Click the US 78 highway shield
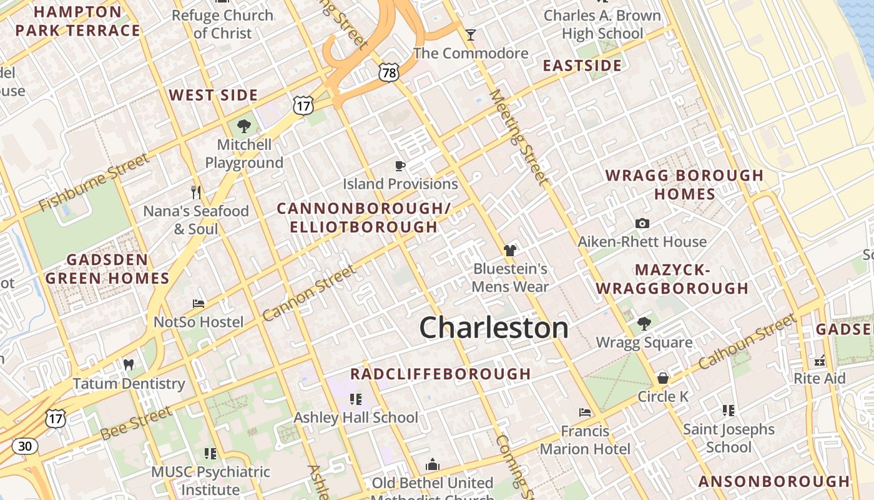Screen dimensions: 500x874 tap(388, 73)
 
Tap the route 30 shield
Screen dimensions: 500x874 tap(24, 446)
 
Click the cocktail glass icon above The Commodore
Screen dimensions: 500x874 tap(471, 34)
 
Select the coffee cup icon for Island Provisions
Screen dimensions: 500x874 tap(400, 166)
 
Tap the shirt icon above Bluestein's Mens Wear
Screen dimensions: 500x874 tap(510, 251)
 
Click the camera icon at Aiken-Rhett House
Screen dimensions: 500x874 tap(642, 223)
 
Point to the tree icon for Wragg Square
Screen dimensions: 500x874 tap(644, 324)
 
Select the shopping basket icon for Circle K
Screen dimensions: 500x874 tap(663, 378)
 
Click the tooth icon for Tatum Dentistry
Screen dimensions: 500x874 tap(129, 364)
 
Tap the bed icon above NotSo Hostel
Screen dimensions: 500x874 tap(199, 304)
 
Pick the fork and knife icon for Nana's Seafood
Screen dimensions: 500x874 tap(196, 192)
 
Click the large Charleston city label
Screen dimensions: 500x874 tap(493, 327)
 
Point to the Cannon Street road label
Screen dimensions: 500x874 tap(310, 292)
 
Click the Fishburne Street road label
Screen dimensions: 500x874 tap(94, 182)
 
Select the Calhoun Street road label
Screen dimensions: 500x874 tap(747, 341)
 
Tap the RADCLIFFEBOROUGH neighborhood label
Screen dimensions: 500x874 tap(440, 374)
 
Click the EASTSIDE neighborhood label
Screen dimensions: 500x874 tap(582, 66)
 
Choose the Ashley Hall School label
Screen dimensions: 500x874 tap(356, 417)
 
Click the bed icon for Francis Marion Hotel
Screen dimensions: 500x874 tap(584, 412)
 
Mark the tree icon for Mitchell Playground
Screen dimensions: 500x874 tap(244, 126)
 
